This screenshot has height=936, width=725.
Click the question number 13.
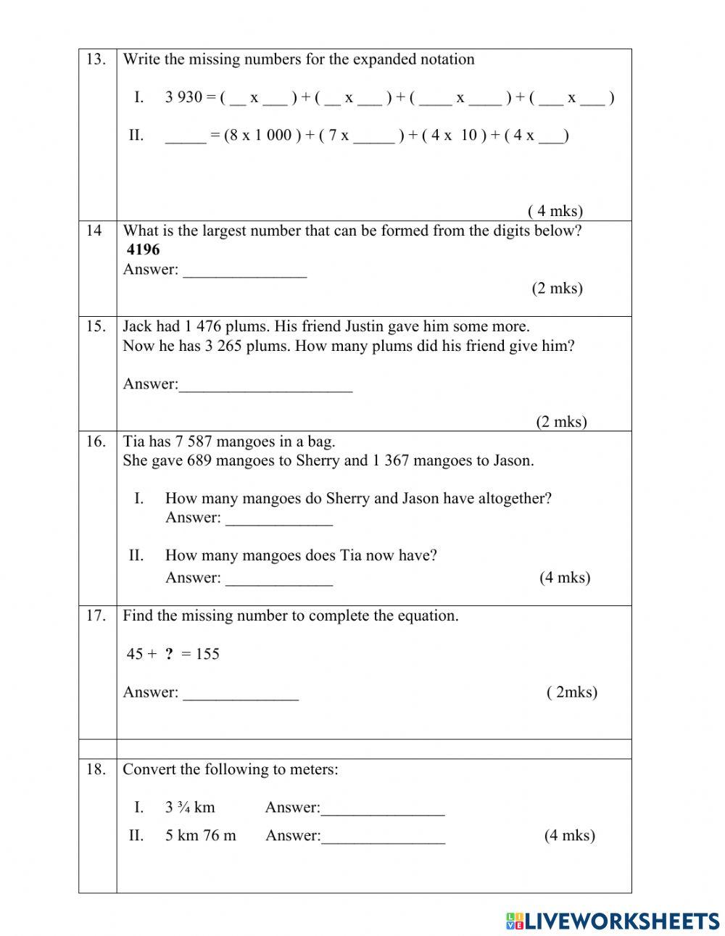click(96, 59)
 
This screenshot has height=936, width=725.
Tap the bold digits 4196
click(143, 250)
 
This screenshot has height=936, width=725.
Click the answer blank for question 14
click(244, 271)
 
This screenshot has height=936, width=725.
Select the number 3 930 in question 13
click(183, 97)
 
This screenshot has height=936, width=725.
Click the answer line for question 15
click(265, 386)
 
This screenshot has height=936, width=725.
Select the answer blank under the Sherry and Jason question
click(278, 519)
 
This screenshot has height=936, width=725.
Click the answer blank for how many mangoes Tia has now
click(278, 579)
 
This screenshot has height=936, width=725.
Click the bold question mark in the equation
click(169, 654)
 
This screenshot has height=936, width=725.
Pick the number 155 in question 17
click(207, 654)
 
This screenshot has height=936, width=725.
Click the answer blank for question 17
click(240, 694)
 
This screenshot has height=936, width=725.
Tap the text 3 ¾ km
click(190, 808)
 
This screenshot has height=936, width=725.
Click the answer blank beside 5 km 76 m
click(383, 837)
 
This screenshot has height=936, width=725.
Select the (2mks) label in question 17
click(572, 692)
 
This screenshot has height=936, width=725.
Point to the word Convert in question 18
click(149, 769)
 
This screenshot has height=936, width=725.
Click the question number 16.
click(96, 442)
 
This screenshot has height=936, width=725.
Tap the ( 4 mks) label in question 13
click(555, 211)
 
